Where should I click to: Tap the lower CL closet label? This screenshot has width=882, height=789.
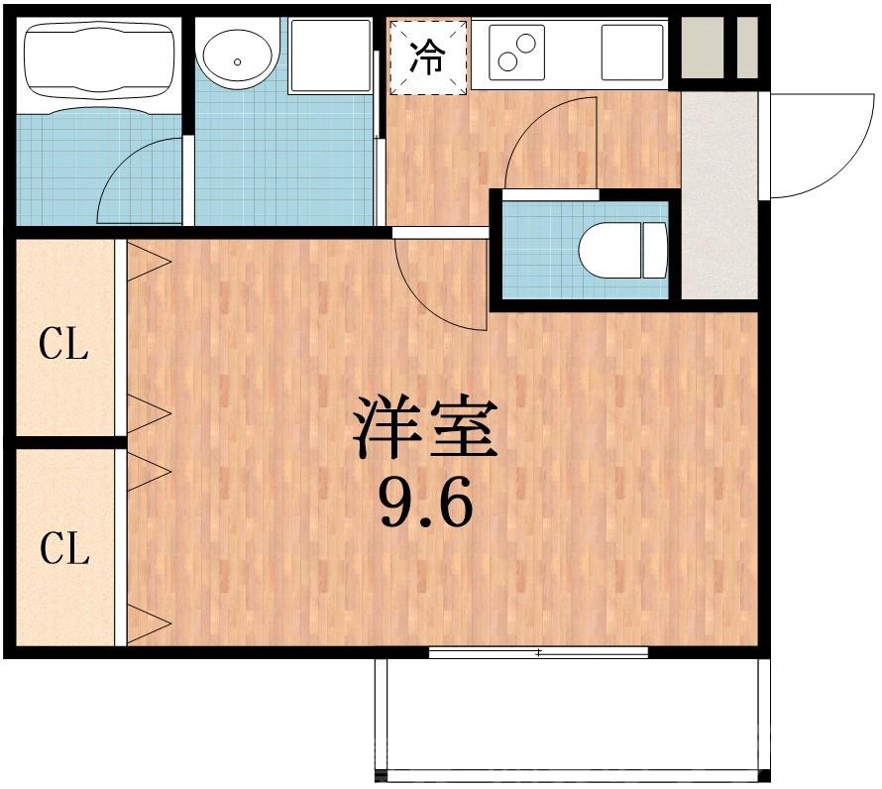[64, 547]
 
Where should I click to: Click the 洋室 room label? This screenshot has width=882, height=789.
[426, 427]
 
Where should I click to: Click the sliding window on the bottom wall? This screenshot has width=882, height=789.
[538, 652]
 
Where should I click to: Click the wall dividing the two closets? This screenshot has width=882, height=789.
[64, 442]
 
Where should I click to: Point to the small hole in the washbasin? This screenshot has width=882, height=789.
[238, 61]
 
